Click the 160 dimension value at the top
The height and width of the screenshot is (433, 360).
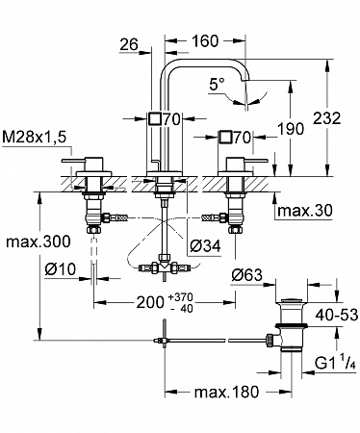[205, 41]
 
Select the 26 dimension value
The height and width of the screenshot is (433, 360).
[129, 44]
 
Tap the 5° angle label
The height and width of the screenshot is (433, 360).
[218, 85]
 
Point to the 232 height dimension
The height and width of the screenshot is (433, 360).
[326, 118]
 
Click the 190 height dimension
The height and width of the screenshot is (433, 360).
[291, 129]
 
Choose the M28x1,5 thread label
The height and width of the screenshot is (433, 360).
[34, 138]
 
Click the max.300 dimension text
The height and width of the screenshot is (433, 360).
[38, 242]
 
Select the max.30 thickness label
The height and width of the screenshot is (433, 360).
[304, 211]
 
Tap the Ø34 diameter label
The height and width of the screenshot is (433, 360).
[205, 246]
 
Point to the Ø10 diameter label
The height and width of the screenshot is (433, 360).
[61, 269]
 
